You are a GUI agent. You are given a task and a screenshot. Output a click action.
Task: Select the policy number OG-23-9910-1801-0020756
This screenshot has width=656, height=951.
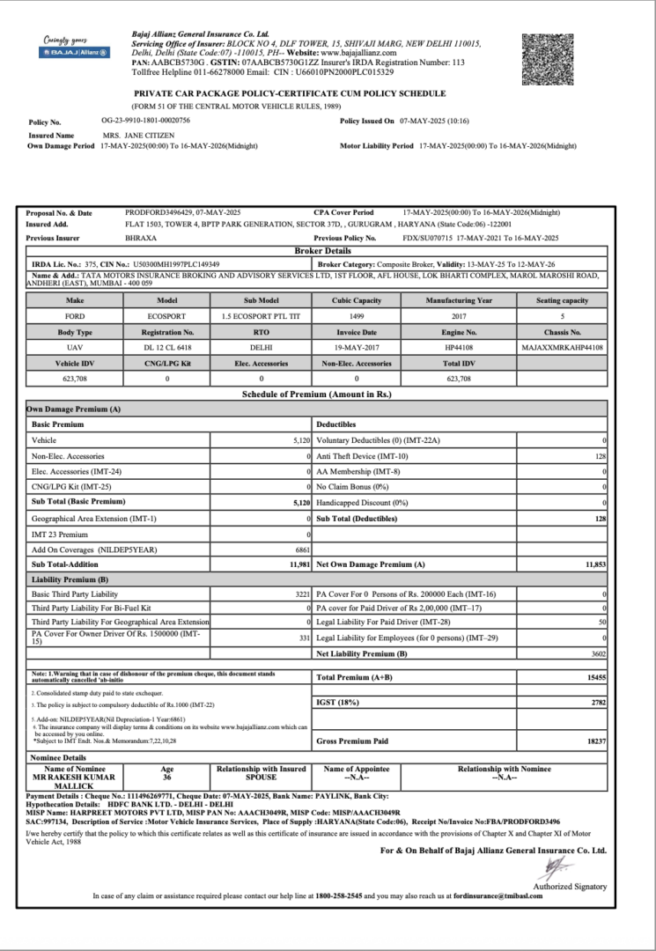(146, 120)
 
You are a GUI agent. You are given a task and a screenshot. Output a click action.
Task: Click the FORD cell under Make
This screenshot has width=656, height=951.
(75, 314)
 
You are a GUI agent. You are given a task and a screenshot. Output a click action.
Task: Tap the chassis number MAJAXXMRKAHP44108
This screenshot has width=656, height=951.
(562, 346)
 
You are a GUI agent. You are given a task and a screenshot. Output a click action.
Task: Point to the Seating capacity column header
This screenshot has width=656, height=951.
(562, 299)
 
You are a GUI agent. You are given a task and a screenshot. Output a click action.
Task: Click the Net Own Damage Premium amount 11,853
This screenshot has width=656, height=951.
(596, 564)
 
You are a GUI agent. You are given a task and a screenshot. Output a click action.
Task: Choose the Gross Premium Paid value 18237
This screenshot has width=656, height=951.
(595, 742)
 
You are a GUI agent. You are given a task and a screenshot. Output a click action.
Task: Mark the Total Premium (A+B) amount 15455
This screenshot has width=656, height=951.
(595, 677)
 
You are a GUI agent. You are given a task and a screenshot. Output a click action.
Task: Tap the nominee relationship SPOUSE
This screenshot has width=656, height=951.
(261, 778)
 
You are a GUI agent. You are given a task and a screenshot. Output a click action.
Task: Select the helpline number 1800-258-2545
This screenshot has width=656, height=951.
(340, 896)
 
